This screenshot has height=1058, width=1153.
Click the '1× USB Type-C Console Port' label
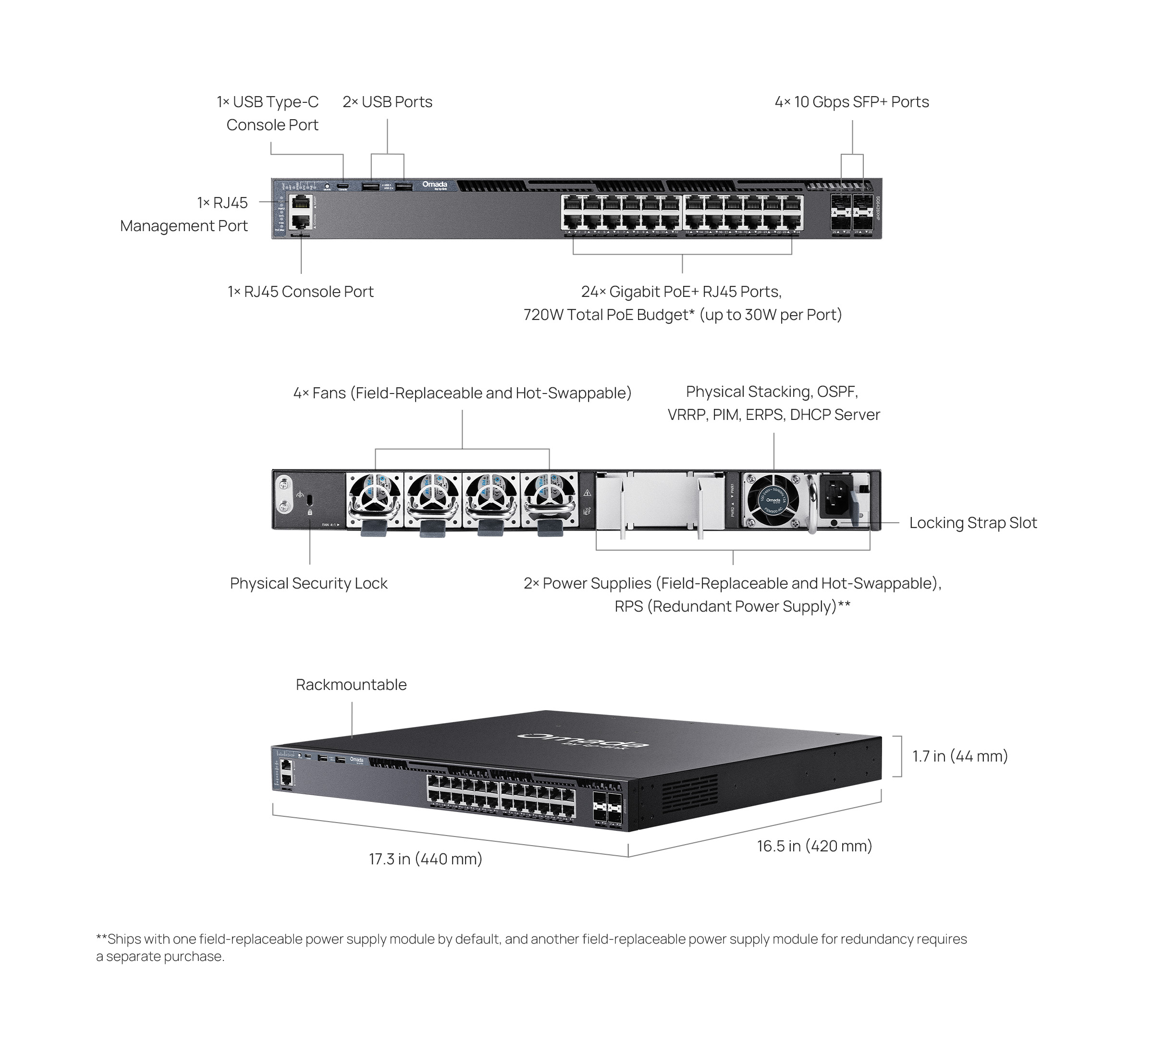point(268,113)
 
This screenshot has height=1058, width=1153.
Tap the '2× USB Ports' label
point(388,102)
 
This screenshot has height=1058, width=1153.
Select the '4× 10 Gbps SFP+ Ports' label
point(851,102)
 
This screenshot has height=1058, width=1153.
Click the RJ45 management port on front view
point(301,203)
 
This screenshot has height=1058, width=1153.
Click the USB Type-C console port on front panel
point(343,186)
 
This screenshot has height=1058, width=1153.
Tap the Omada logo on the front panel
point(434,185)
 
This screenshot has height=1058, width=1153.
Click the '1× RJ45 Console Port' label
point(301,292)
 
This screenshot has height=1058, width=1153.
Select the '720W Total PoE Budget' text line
point(682,315)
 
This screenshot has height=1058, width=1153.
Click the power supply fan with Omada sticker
point(773,500)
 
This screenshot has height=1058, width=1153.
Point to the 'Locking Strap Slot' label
point(973,523)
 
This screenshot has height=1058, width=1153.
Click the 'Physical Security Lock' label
point(308,583)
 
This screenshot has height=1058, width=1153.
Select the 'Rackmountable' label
point(351,685)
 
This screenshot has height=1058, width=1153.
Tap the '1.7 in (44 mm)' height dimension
point(959,756)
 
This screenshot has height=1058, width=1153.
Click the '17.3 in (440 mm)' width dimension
point(425,859)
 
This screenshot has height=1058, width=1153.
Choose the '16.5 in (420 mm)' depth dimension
point(814,846)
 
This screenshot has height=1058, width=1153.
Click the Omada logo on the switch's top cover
point(583,740)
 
